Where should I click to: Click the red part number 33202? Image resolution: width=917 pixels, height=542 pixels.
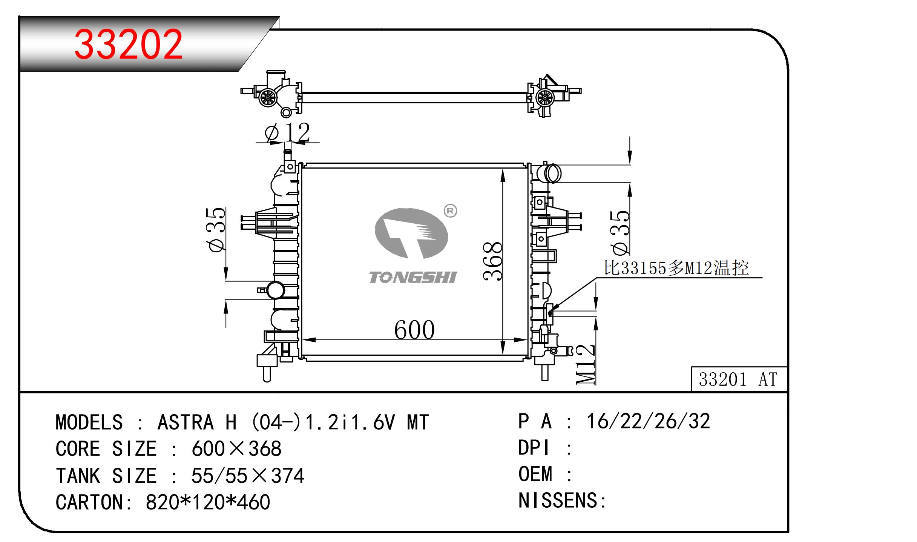(x=128, y=45)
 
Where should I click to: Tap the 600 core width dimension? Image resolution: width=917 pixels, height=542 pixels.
(x=414, y=330)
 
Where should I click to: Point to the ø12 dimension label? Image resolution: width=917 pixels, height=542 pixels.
(x=287, y=133)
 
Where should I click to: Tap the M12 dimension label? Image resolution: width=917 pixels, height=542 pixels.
(x=586, y=364)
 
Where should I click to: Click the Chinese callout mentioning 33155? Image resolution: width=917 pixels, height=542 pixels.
(x=676, y=268)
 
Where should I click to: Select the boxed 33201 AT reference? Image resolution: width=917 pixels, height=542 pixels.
(x=738, y=379)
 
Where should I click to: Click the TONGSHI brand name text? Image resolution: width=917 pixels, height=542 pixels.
(x=412, y=278)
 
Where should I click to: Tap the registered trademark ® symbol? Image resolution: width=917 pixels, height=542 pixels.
(x=450, y=211)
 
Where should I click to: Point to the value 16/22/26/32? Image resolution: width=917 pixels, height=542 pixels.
(x=648, y=421)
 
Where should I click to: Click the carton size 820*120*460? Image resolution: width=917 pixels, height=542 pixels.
(x=208, y=502)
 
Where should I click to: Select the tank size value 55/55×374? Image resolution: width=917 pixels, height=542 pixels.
(x=247, y=476)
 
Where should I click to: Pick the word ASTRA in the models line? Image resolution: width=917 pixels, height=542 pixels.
(x=186, y=422)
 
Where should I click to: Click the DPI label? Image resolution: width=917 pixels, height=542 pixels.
(x=534, y=448)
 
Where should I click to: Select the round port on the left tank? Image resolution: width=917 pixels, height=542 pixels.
(x=276, y=290)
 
